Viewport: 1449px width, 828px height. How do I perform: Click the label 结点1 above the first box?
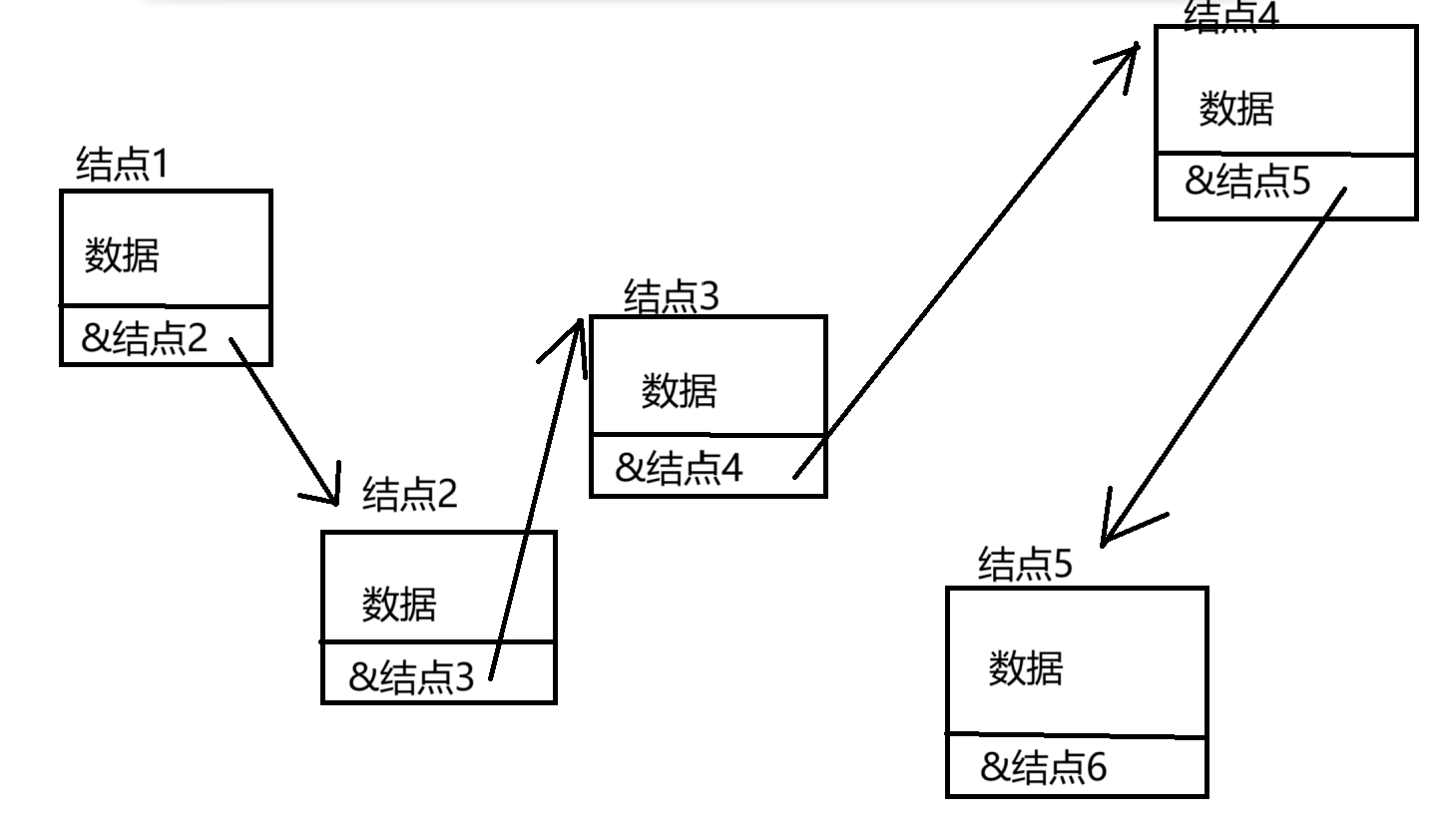pyautogui.click(x=123, y=165)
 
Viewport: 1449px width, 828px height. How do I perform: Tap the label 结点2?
pyautogui.click(x=409, y=494)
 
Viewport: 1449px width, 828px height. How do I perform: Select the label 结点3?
pyautogui.click(x=671, y=297)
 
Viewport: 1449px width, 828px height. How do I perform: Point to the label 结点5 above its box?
pyautogui.click(x=1025, y=565)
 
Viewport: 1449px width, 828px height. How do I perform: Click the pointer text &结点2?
pyautogui.click(x=145, y=339)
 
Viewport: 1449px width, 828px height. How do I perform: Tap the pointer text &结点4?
pyautogui.click(x=679, y=468)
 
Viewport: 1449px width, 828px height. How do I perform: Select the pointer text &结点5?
pyautogui.click(x=1247, y=182)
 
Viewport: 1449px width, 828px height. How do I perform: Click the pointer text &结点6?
pyautogui.click(x=1044, y=767)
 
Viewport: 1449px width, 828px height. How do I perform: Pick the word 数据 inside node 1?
pyautogui.click(x=122, y=256)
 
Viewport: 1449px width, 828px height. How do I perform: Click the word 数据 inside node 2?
pyautogui.click(x=399, y=604)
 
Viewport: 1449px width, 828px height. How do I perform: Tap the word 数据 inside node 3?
pyautogui.click(x=679, y=390)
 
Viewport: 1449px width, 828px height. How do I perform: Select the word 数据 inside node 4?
pyautogui.click(x=1236, y=108)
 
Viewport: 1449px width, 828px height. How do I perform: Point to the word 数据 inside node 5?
pyautogui.click(x=1026, y=667)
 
